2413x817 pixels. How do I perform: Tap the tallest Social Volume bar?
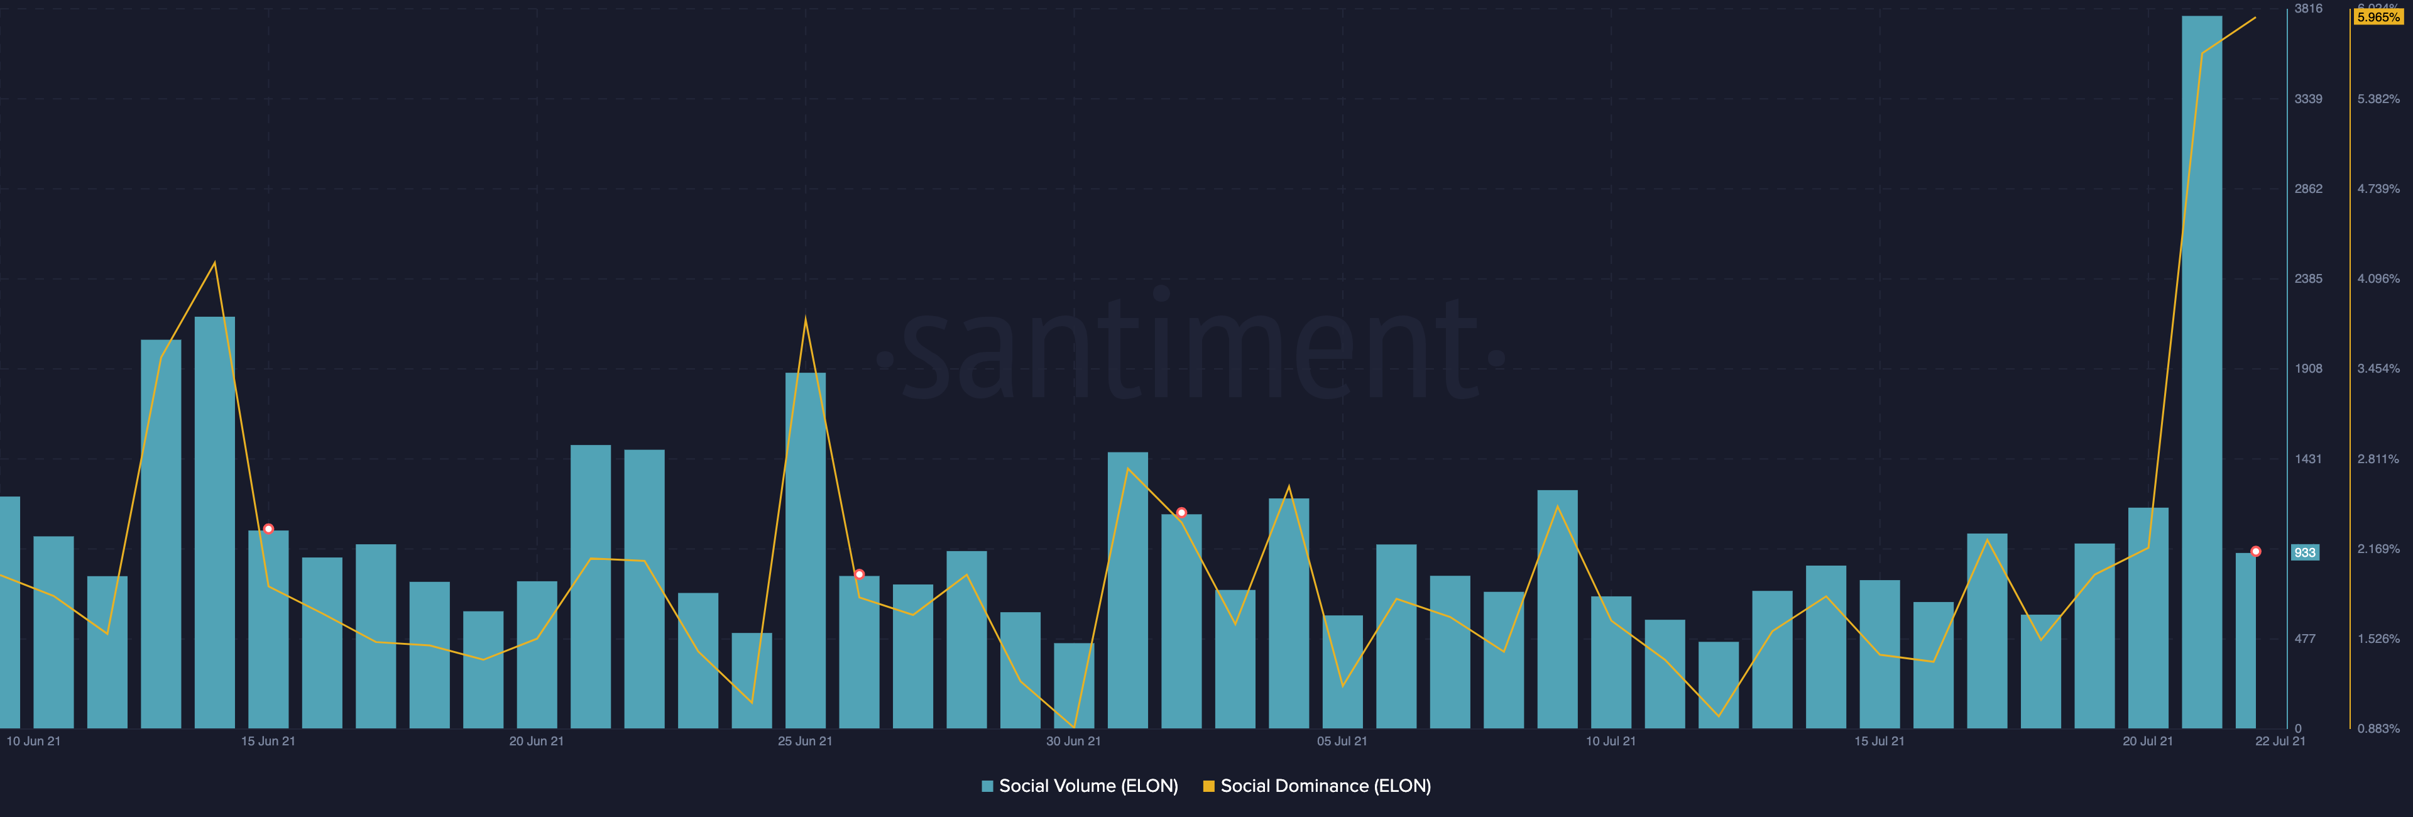(2201, 375)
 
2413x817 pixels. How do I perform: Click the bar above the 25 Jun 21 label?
(806, 553)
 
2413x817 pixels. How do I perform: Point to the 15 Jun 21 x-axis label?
(268, 741)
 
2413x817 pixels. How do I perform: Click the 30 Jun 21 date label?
(1073, 741)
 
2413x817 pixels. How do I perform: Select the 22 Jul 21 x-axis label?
(2280, 741)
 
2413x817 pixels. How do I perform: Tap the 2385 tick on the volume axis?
(2308, 279)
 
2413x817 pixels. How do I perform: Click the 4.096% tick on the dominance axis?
(2378, 279)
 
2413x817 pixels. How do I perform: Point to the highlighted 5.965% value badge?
(2378, 18)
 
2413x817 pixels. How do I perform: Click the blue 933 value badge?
(2304, 553)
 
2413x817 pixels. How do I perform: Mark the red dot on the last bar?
(2256, 552)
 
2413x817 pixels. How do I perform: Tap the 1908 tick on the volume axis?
(2308, 369)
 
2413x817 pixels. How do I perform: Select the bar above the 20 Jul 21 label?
(2148, 618)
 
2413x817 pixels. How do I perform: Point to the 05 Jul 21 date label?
(1342, 741)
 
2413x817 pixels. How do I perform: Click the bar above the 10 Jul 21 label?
(1611, 662)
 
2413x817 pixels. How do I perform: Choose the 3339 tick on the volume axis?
(2308, 99)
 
